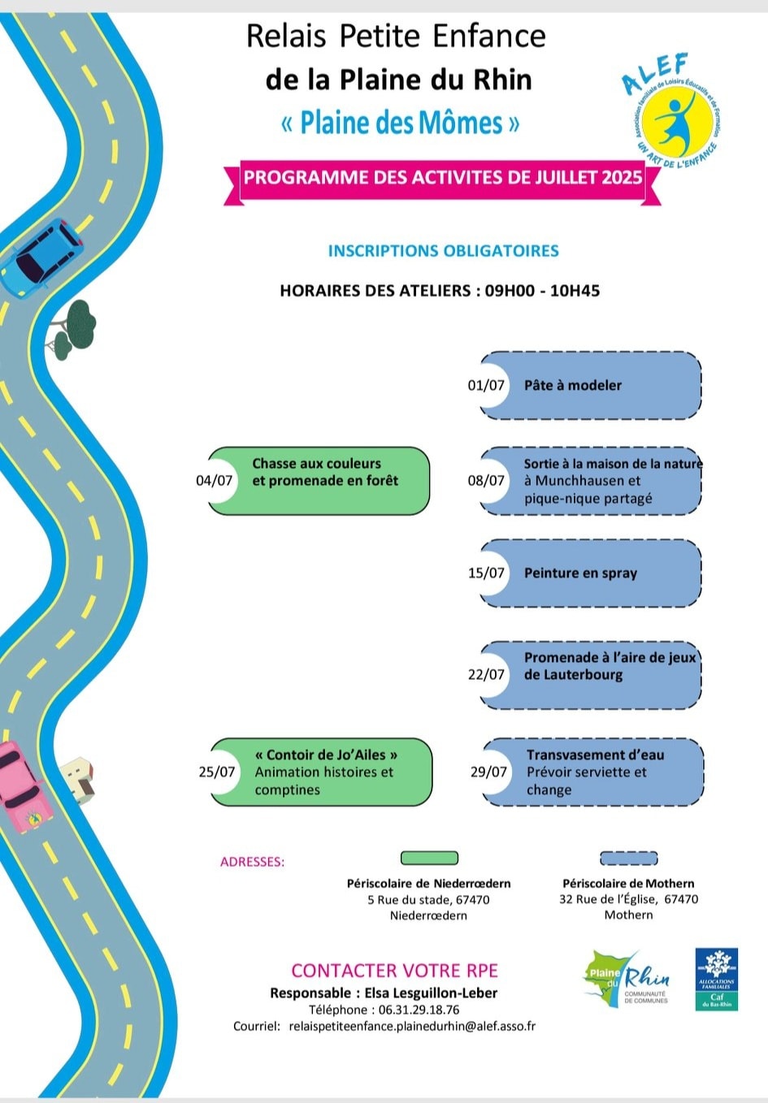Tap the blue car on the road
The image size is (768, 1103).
point(41,258)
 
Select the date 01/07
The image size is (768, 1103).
point(486,385)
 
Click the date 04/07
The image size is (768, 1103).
point(215,480)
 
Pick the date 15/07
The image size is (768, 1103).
point(486,573)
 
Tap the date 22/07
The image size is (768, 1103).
point(486,674)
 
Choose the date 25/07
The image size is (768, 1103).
point(217,772)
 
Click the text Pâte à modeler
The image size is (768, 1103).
point(572,385)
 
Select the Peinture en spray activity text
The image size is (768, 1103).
point(580,573)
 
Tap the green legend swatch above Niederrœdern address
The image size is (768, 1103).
point(429,858)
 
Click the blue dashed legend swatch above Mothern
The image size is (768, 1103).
point(628,858)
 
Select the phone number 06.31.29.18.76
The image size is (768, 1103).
point(419,1010)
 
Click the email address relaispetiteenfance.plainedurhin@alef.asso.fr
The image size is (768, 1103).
point(412,1026)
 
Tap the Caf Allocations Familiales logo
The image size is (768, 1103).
point(716,979)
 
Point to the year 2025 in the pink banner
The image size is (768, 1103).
point(622,177)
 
